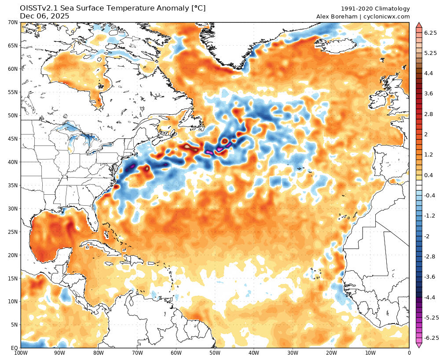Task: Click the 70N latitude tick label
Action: [x=12, y=22]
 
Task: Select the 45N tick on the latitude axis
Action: [x=12, y=138]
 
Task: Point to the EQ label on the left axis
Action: [x=14, y=348]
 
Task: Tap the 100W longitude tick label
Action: [x=21, y=353]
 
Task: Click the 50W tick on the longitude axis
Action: [x=215, y=353]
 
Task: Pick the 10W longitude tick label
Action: [x=370, y=353]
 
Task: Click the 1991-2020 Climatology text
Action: [x=375, y=9]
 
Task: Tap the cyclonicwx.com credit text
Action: [x=387, y=17]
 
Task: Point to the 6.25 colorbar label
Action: [x=430, y=33]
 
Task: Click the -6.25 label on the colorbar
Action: [x=430, y=338]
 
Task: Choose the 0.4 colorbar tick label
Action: [x=429, y=175]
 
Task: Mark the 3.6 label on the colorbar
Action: [x=429, y=94]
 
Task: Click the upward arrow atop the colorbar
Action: [x=419, y=25]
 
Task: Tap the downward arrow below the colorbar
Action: [x=419, y=345]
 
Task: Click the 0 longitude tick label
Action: [x=409, y=353]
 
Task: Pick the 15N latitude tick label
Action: [x=12, y=278]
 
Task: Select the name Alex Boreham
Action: [x=337, y=17]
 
